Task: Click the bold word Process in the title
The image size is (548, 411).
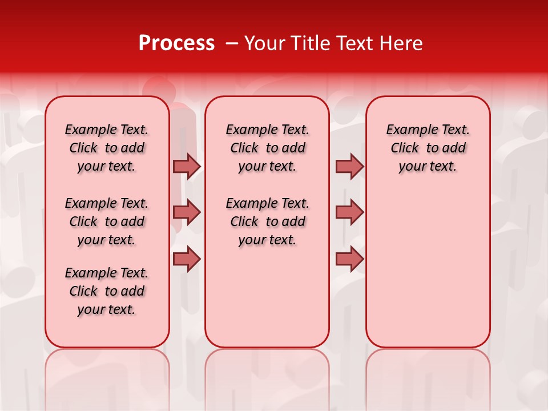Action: (176, 43)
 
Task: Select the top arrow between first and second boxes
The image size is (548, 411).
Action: (187, 166)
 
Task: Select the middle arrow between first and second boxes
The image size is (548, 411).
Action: (187, 212)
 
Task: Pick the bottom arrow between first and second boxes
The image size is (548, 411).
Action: (187, 259)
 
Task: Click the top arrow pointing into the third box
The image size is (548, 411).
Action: (349, 166)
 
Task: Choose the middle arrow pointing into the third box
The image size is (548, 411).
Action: (349, 212)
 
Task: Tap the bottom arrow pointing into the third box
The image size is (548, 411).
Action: (349, 259)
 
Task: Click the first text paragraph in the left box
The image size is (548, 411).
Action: (107, 148)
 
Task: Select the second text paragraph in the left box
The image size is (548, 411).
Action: (107, 221)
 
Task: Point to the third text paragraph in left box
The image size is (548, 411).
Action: (107, 291)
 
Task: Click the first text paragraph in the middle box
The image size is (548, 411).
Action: (267, 148)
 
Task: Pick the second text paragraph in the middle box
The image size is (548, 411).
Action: (267, 221)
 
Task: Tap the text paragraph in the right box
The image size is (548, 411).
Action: (428, 148)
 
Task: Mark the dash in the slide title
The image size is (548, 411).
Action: (231, 43)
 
